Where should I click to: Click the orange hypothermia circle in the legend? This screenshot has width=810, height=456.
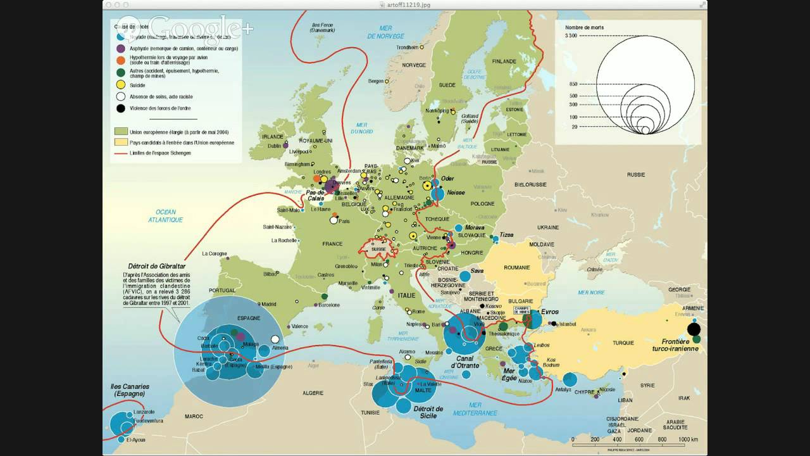click(x=120, y=60)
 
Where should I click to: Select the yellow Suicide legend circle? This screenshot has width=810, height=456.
click(x=120, y=84)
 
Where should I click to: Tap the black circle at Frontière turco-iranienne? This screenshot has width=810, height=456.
click(x=694, y=329)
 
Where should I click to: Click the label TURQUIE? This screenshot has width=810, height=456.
click(x=623, y=343)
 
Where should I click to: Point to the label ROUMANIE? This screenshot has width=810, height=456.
click(x=516, y=268)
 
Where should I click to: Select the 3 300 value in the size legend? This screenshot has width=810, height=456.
click(x=568, y=36)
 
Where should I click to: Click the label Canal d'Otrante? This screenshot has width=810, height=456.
click(x=465, y=362)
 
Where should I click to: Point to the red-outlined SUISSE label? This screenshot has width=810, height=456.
click(x=378, y=249)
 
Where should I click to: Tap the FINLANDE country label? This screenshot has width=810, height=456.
click(x=504, y=61)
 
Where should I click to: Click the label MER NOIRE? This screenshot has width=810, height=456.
click(x=591, y=293)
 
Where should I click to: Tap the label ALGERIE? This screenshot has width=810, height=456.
click(x=313, y=393)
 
